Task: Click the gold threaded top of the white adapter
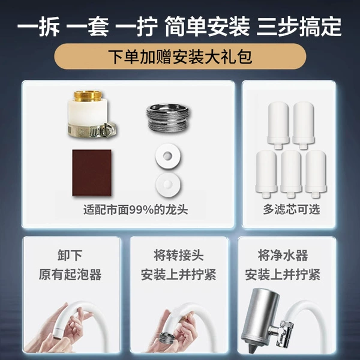click(x=88, y=96)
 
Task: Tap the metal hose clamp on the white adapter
click(x=92, y=130)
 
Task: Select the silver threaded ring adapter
click(x=168, y=118)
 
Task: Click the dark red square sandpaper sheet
click(x=92, y=173)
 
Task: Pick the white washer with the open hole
click(x=167, y=156)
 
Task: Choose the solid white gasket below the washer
click(x=168, y=185)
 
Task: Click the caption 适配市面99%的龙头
click(x=136, y=210)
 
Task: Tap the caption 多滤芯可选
click(x=292, y=209)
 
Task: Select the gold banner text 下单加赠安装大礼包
click(x=180, y=56)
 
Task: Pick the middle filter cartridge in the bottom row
click(x=291, y=174)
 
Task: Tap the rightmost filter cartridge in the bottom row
click(x=316, y=174)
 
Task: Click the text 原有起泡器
click(x=70, y=274)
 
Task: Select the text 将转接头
click(x=178, y=256)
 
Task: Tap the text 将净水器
click(x=283, y=256)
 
